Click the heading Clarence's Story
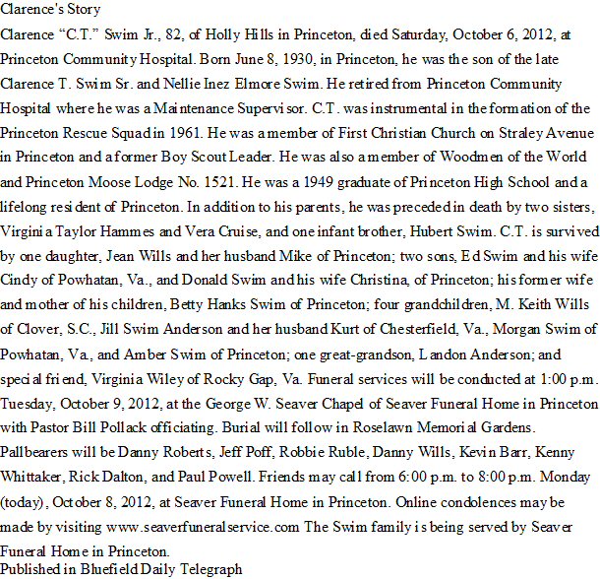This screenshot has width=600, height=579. (x=44, y=13)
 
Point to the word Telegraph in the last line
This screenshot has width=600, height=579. (x=208, y=570)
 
